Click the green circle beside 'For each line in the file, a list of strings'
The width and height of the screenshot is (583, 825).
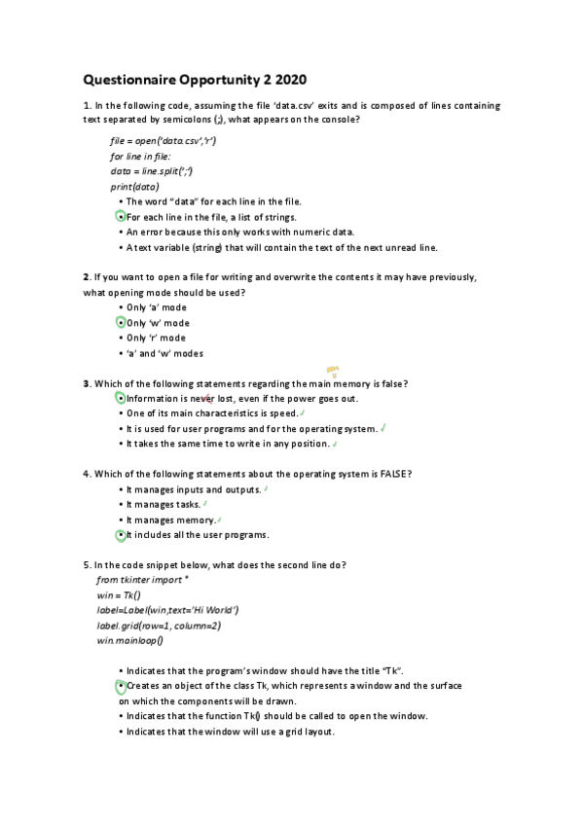tap(120, 217)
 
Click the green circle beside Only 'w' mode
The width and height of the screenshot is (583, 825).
tap(120, 322)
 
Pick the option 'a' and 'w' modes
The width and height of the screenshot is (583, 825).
tap(164, 353)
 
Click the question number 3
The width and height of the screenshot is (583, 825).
tap(87, 383)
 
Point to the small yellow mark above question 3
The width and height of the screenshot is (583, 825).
tap(332, 370)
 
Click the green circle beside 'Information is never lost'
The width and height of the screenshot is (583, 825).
tap(120, 399)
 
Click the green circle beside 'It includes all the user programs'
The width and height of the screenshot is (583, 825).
tap(120, 535)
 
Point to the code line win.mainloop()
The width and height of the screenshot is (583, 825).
tap(129, 641)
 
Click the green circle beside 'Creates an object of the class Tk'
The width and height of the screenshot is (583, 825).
tap(120, 686)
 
